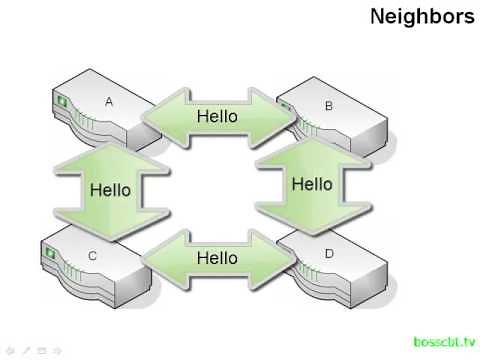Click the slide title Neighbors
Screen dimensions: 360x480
pos(422,17)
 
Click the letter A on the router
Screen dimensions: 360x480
pos(111,101)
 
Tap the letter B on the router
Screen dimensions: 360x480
pos(329,105)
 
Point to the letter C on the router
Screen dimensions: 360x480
pos(92,256)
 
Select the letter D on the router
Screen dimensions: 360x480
pos(329,254)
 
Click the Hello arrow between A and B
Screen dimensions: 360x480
pos(218,116)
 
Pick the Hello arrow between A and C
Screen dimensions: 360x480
pos(109,189)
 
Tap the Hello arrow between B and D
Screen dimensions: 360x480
pos(311,184)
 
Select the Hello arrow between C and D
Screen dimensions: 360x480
pos(218,257)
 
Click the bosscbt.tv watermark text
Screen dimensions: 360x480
pos(444,341)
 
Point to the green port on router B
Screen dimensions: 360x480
pos(284,102)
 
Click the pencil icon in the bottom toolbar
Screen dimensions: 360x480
pos(25,350)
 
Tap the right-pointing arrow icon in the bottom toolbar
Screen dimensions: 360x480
pos(57,350)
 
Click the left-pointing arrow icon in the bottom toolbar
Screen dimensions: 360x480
pos(9,350)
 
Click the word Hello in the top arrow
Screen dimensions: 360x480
pos(218,116)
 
